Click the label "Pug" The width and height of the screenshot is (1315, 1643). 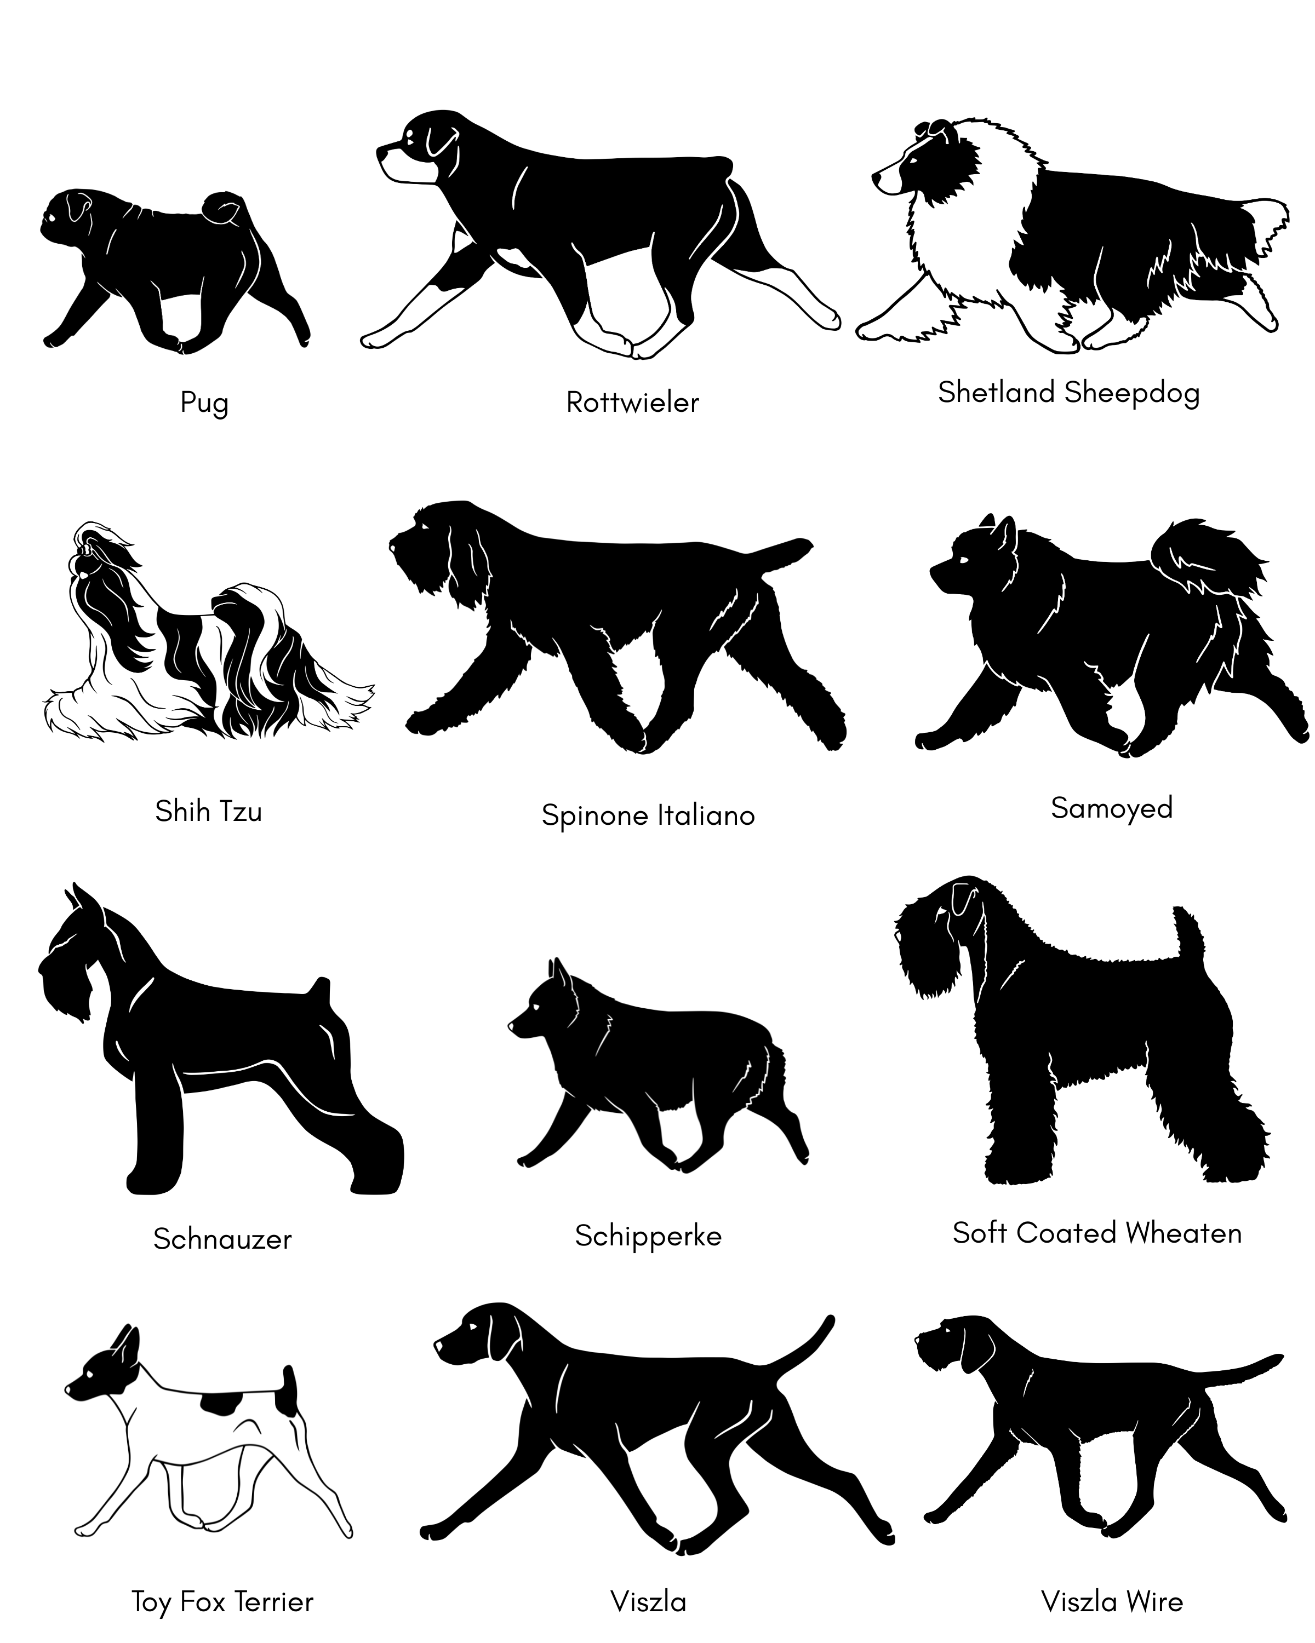[x=204, y=403]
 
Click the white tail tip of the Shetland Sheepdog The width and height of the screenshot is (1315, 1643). [x=1266, y=221]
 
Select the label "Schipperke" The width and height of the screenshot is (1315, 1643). [x=648, y=1236]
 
